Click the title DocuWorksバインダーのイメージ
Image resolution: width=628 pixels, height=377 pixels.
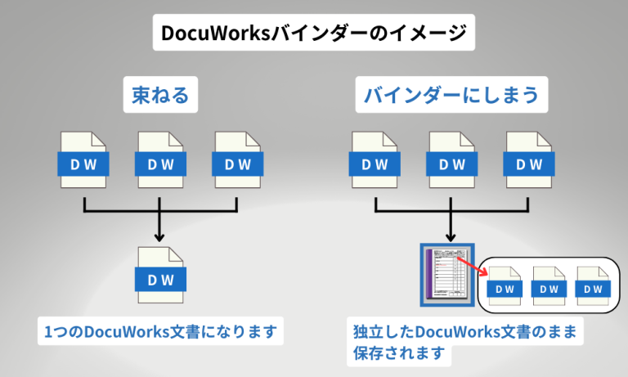pos(313,34)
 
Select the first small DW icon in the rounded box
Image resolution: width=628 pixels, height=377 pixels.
pos(505,286)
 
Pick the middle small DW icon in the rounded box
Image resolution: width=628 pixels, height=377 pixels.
pos(549,286)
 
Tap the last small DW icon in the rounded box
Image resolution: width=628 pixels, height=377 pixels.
pos(593,286)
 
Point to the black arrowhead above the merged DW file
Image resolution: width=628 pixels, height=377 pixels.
pos(160,236)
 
